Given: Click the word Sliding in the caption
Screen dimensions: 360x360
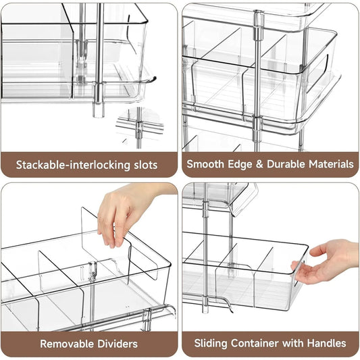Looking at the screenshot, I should [x=210, y=344].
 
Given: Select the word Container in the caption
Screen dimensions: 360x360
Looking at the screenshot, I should [x=253, y=344].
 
